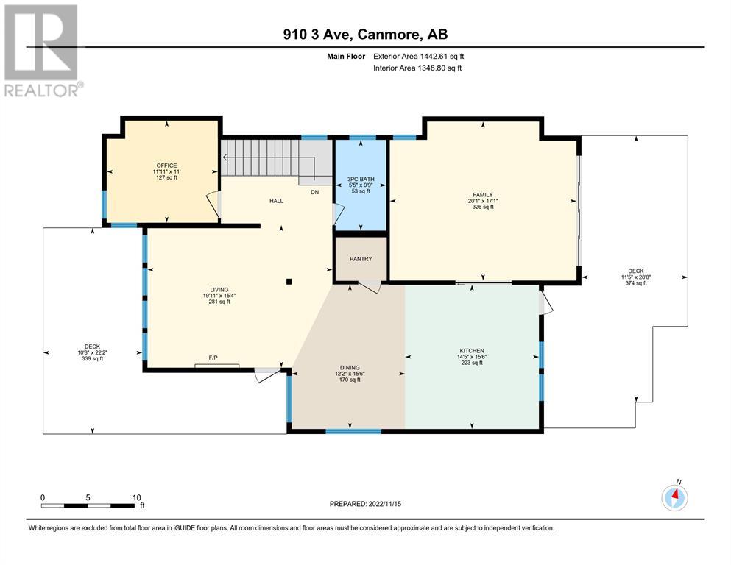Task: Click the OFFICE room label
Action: pyautogui.click(x=166, y=166)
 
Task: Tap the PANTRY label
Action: pyautogui.click(x=361, y=259)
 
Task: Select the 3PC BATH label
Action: pyautogui.click(x=361, y=179)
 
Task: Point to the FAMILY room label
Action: pyautogui.click(x=482, y=195)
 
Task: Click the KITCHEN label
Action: pyautogui.click(x=472, y=351)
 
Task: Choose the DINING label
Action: pyautogui.click(x=350, y=368)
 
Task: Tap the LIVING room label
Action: pyautogui.click(x=219, y=290)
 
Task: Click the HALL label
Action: pyautogui.click(x=276, y=201)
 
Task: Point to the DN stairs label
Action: pyautogui.click(x=314, y=192)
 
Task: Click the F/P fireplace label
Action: pyautogui.click(x=213, y=358)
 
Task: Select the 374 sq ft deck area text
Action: pyautogui.click(x=636, y=282)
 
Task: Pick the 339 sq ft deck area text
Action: pyautogui.click(x=92, y=358)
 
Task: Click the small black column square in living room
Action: pyautogui.click(x=289, y=281)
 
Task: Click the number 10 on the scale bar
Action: pyautogui.click(x=137, y=497)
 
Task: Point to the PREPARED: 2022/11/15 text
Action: pyautogui.click(x=365, y=503)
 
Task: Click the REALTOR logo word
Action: pyautogui.click(x=41, y=90)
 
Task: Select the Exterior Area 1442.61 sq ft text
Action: pyautogui.click(x=419, y=57)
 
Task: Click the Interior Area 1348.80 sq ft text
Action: pyautogui.click(x=417, y=68)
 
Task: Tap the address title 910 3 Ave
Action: pyautogui.click(x=319, y=34)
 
